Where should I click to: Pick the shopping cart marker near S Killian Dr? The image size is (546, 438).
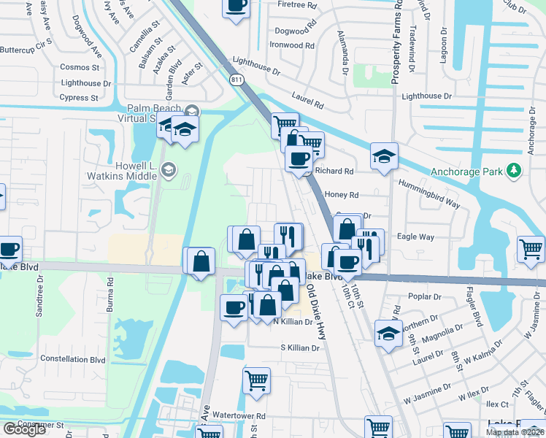pyautogui.click(x=256, y=380)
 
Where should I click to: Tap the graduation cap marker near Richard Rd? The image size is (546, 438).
pyautogui.click(x=384, y=155)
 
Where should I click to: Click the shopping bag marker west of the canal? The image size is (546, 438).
pyautogui.click(x=201, y=261)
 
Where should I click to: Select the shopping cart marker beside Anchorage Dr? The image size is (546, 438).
pyautogui.click(x=531, y=248)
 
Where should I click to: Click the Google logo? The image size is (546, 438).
pyautogui.click(x=24, y=429)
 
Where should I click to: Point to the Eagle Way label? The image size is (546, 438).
pyautogui.click(x=415, y=237)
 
